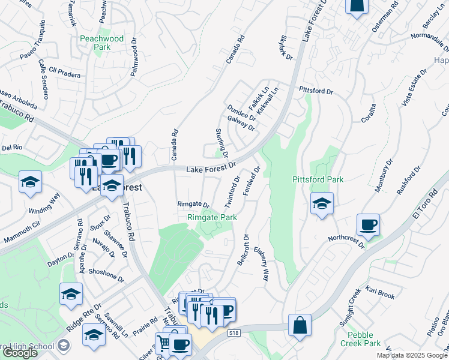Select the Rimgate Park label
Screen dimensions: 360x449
pos(212,217)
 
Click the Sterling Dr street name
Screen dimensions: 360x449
pos(221,143)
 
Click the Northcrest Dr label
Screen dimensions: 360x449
pos(346,240)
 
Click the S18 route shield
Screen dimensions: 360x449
pos(234,332)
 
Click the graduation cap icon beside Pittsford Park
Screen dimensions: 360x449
pos(322,204)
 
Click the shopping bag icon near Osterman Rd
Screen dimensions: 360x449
pos(356,6)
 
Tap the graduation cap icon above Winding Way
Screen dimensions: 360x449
pos(31,182)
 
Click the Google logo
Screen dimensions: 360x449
pos(20,352)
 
